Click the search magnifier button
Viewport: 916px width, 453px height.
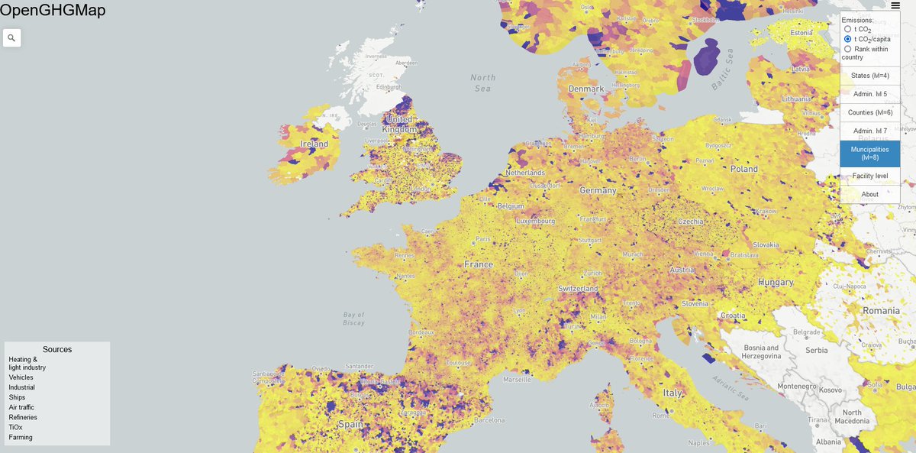tap(11, 37)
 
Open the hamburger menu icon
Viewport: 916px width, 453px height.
tap(895, 5)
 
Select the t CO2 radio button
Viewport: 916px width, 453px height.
tap(847, 29)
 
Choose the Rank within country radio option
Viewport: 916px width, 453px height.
tap(847, 49)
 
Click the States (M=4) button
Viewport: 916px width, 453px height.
tap(870, 76)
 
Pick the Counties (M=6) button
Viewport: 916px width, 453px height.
tap(870, 112)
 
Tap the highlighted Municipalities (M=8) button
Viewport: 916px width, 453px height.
tap(870, 154)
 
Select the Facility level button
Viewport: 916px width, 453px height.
tap(870, 176)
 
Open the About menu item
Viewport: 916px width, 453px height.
tap(870, 194)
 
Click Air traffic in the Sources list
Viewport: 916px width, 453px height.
tap(21, 407)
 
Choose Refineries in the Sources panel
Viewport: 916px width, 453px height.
tap(23, 417)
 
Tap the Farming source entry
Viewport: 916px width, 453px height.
tap(21, 437)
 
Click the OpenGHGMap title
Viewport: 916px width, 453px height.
tap(53, 10)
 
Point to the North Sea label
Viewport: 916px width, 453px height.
tap(482, 83)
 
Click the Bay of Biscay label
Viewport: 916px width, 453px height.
tap(353, 319)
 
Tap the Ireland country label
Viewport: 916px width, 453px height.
tap(314, 144)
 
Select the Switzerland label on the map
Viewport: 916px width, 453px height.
tap(578, 289)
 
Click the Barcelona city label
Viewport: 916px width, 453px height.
tap(489, 420)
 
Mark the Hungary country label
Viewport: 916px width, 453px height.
tap(776, 283)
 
